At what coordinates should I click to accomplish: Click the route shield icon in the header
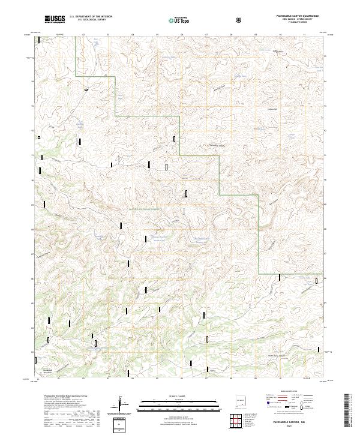pyautogui.click(x=240, y=20)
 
